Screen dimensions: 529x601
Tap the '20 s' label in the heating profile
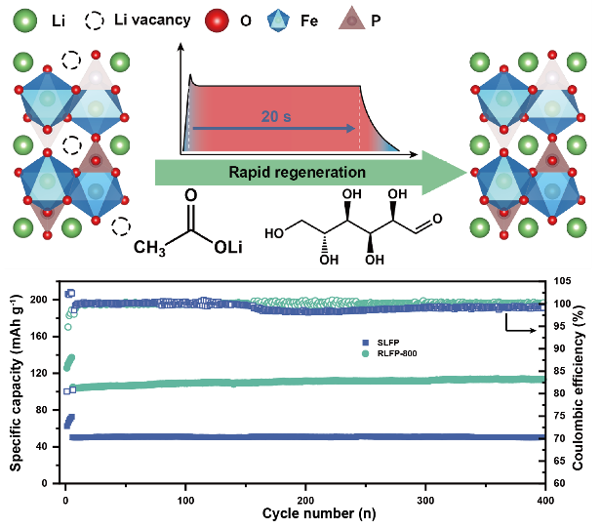(277, 116)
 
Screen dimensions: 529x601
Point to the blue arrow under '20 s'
(273, 128)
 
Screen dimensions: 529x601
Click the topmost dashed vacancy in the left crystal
(71, 61)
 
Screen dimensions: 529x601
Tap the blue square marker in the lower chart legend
(365, 343)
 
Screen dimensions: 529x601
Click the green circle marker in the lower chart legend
(365, 353)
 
